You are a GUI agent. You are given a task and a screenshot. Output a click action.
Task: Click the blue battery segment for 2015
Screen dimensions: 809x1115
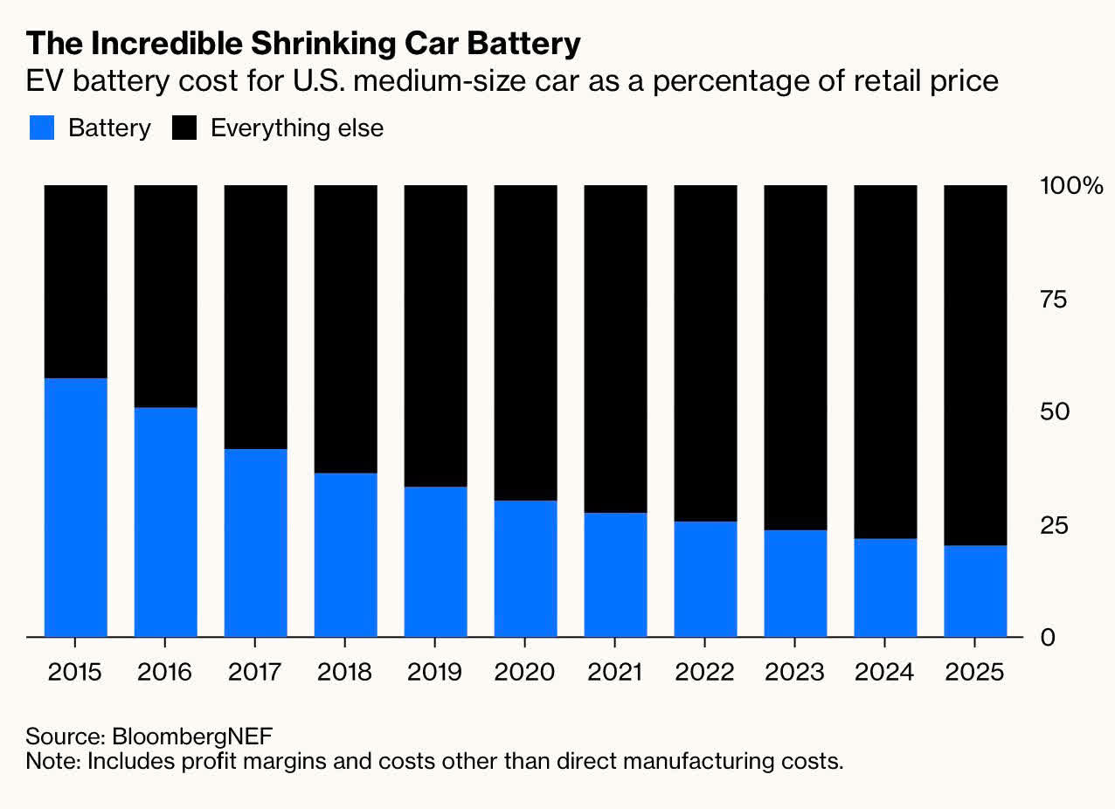tap(75, 507)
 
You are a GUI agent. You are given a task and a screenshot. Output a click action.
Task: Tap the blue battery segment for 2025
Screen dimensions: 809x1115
tap(975, 591)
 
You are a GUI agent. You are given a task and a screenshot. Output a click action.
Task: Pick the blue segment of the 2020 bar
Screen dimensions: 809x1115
tap(525, 568)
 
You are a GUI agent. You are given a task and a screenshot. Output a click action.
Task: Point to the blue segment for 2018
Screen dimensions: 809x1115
tap(345, 554)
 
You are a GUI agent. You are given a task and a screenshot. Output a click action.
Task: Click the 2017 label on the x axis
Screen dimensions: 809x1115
tap(255, 673)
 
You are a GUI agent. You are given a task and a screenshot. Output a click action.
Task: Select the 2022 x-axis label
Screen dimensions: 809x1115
tap(705, 673)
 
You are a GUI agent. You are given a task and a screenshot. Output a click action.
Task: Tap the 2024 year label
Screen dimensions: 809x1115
tap(885, 673)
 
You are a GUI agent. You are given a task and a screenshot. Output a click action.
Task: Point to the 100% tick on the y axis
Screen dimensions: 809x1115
tap(1071, 186)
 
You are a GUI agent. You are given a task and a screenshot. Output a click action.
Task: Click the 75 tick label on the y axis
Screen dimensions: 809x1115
tap(1055, 300)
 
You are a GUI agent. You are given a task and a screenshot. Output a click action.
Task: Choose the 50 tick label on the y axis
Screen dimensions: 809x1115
tap(1055, 411)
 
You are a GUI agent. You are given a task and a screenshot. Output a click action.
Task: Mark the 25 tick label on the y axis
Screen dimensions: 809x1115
tap(1055, 525)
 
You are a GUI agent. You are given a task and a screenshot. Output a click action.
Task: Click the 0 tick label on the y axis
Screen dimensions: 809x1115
tap(1047, 638)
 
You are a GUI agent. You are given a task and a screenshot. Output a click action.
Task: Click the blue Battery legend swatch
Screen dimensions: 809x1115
tap(43, 128)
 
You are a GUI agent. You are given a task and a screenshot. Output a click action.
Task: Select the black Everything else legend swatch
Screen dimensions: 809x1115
tap(184, 128)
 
